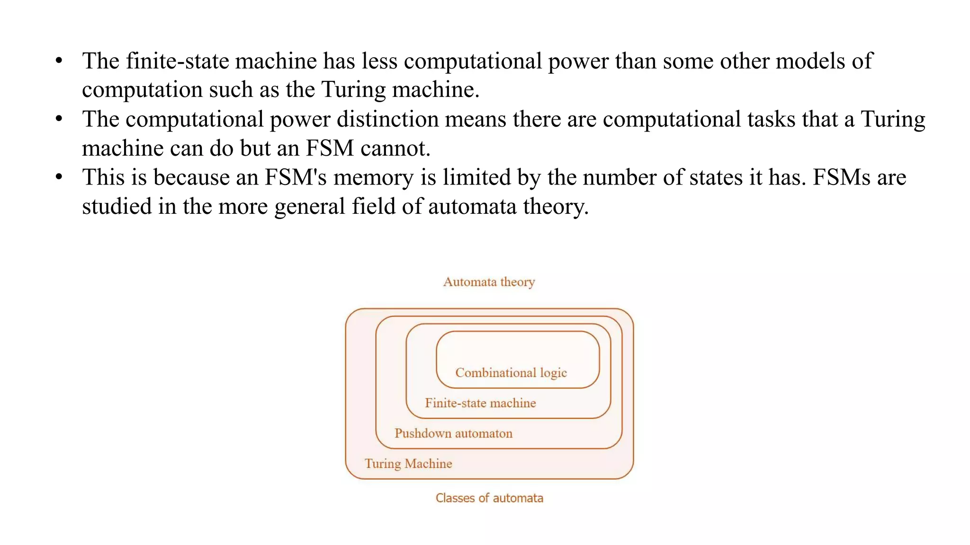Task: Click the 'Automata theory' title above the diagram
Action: click(x=489, y=282)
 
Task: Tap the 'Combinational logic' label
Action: click(x=511, y=373)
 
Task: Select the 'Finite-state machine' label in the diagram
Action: click(x=480, y=403)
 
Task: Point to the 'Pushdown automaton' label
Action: click(x=453, y=433)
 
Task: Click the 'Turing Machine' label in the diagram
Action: click(x=408, y=464)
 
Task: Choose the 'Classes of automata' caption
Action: click(x=489, y=498)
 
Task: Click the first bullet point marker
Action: click(x=59, y=61)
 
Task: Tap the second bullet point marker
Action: click(x=59, y=119)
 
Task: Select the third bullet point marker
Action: click(x=59, y=177)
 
